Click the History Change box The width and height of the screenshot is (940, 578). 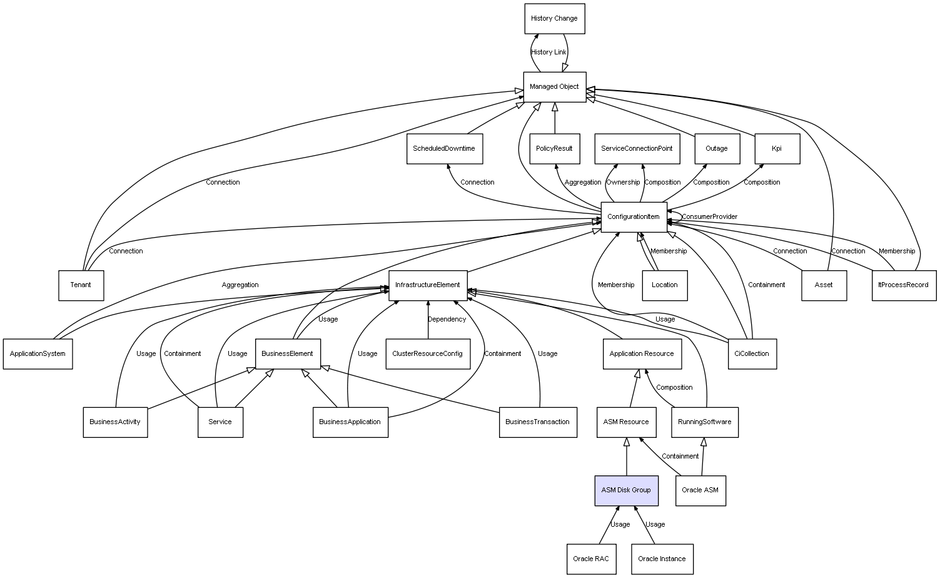(x=554, y=19)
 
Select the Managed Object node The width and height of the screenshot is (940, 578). (x=554, y=87)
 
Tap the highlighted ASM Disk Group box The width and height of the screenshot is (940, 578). (x=626, y=490)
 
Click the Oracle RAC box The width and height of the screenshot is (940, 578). (x=591, y=559)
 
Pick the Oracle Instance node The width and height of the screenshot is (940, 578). (x=662, y=559)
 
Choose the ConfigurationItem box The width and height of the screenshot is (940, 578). (x=634, y=217)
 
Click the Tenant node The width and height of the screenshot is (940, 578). (x=81, y=285)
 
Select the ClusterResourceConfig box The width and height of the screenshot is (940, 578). (x=428, y=354)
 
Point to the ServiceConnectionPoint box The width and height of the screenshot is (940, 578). (x=637, y=149)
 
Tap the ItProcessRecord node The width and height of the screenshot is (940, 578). (x=904, y=285)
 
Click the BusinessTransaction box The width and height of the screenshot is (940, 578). (x=538, y=422)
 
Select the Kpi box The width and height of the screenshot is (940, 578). (x=777, y=149)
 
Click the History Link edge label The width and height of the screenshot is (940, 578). (x=548, y=52)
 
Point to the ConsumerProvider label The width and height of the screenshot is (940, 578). (x=709, y=216)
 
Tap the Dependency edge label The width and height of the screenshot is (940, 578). (x=447, y=319)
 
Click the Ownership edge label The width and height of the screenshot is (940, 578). (x=623, y=182)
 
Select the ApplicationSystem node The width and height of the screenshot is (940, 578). (x=38, y=354)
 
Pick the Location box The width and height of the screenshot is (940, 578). (x=665, y=285)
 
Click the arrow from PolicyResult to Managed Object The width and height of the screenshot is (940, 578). (x=555, y=118)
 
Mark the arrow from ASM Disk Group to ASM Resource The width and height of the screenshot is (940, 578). (x=627, y=457)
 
